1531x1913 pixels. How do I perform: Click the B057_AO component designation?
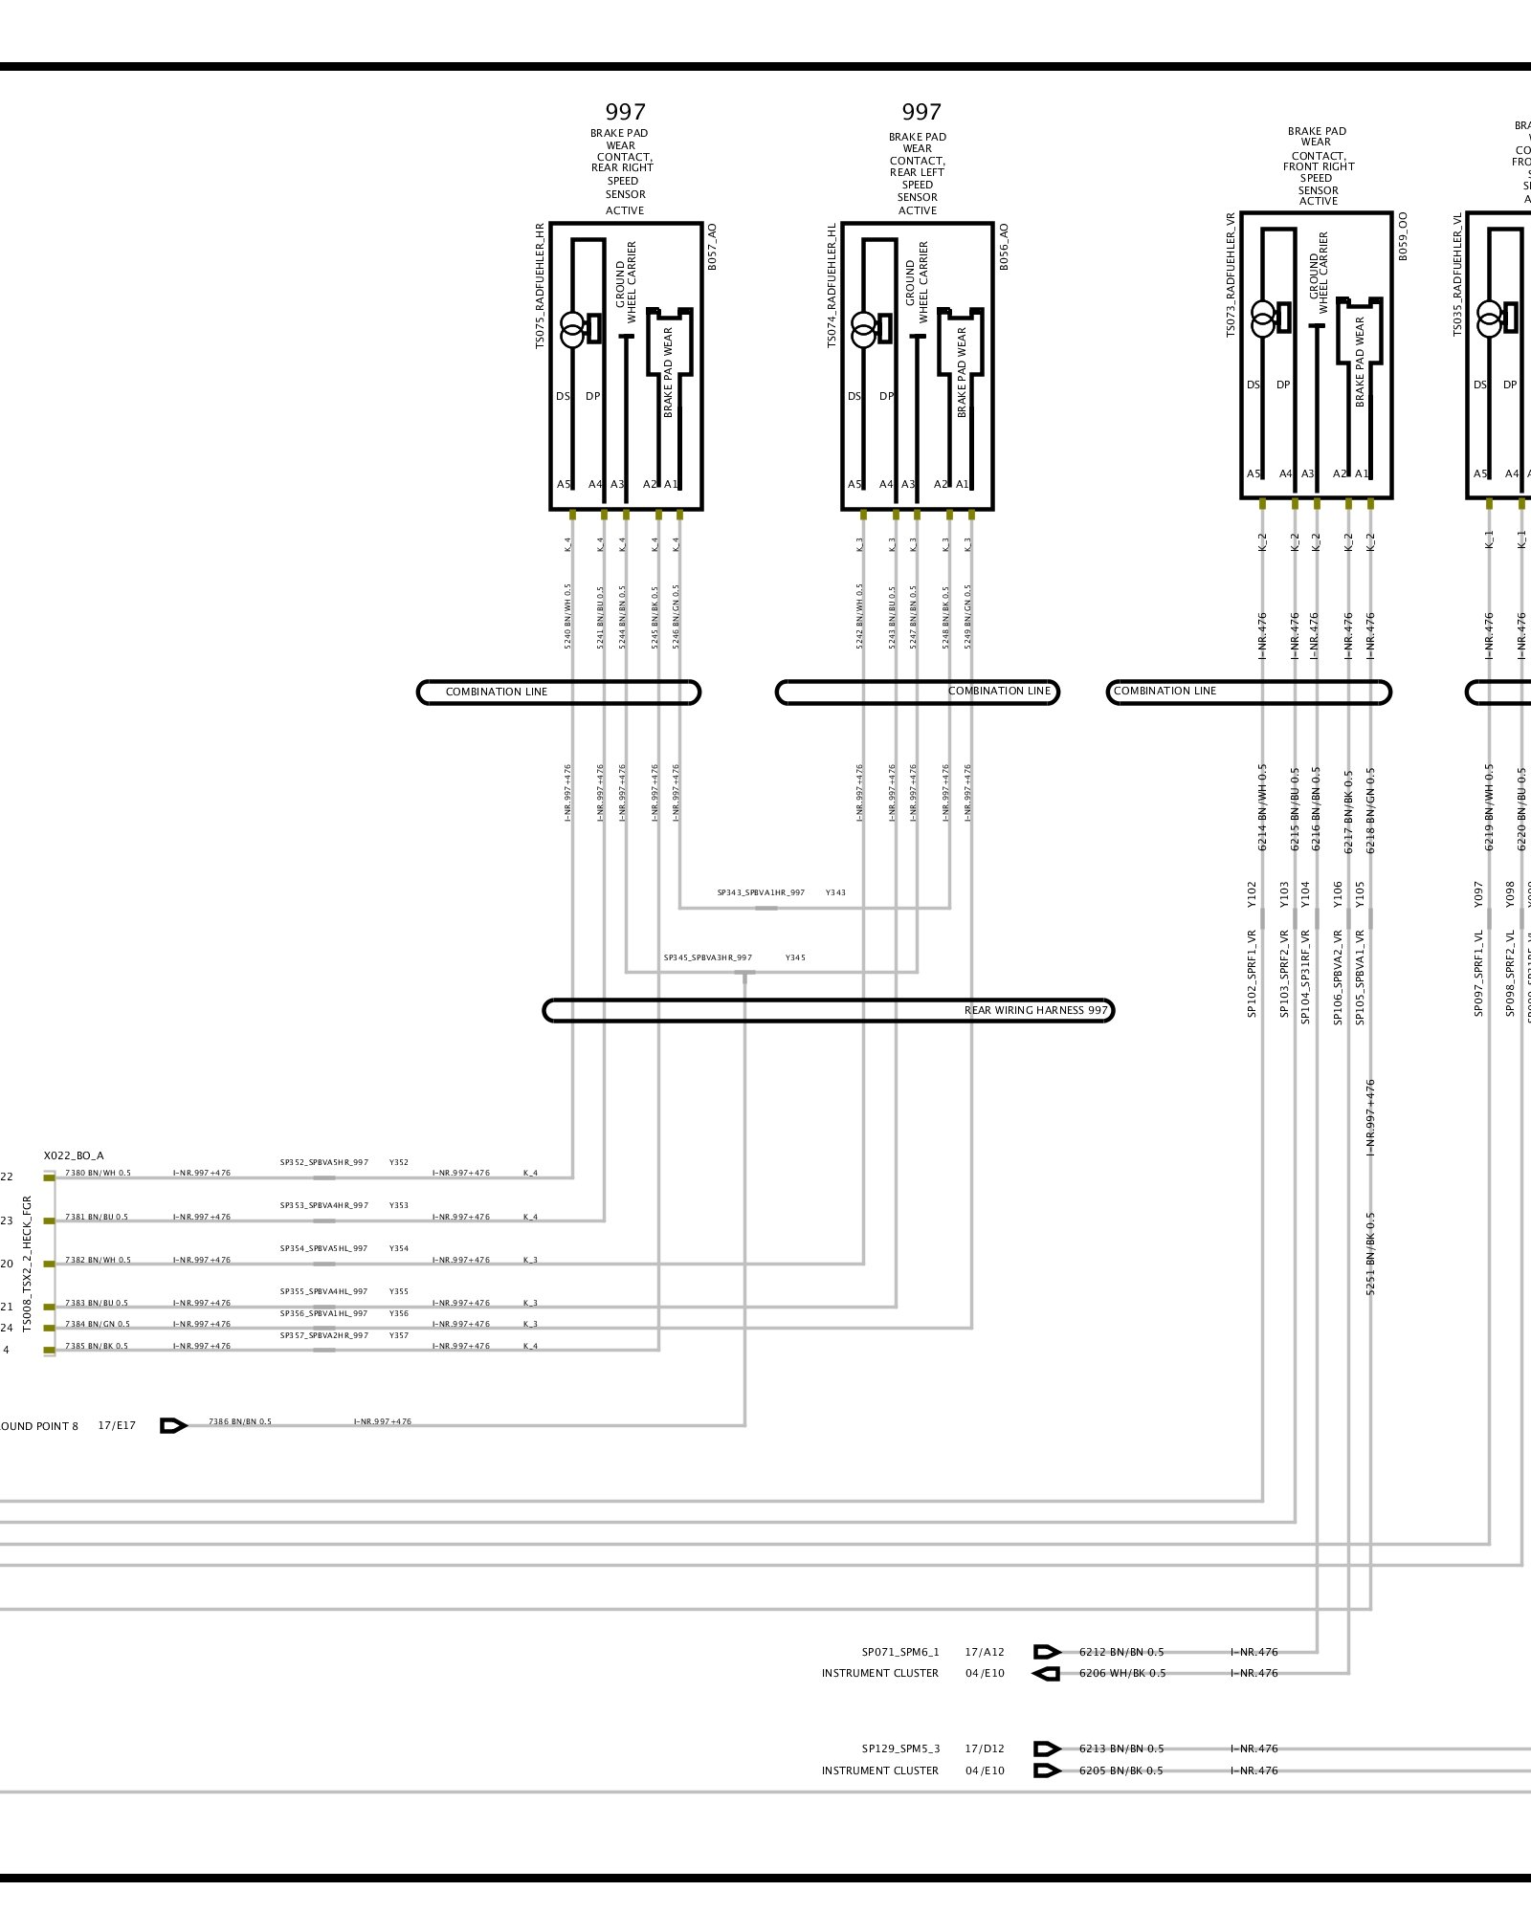(x=712, y=248)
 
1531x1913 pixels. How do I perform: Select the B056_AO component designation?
(x=1004, y=248)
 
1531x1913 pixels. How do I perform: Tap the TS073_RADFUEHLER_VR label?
(x=1231, y=275)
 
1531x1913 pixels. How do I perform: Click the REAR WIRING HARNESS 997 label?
(x=1035, y=1010)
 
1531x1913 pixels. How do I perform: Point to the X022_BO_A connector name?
(x=74, y=1156)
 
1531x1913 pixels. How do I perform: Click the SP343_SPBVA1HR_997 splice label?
(x=761, y=892)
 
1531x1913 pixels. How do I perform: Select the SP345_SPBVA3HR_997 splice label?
(x=708, y=957)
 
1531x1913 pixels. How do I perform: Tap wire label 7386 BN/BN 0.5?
(x=240, y=1421)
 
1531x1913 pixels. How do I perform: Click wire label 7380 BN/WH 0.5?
(x=98, y=1173)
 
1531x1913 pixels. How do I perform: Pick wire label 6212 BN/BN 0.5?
(x=1121, y=1652)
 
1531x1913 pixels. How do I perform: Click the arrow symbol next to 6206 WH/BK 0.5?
(x=1047, y=1674)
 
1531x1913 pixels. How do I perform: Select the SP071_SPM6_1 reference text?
(x=900, y=1652)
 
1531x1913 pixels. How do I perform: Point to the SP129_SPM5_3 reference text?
(x=900, y=1748)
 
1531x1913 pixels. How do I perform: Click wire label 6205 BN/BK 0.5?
(x=1121, y=1770)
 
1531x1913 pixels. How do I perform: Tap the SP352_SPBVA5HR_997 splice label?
(x=324, y=1163)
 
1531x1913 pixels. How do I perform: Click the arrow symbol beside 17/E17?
(x=173, y=1426)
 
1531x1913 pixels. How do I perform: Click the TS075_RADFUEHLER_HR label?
(x=540, y=286)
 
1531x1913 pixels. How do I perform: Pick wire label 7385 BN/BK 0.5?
(x=97, y=1347)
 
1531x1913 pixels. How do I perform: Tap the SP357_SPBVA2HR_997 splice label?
(x=324, y=1335)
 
